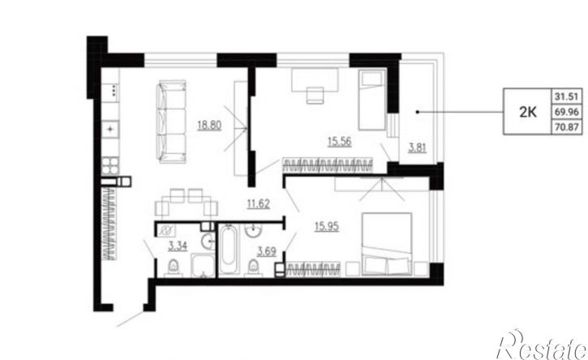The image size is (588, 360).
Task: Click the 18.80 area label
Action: (x=209, y=125)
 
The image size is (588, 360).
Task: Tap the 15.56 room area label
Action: (x=339, y=142)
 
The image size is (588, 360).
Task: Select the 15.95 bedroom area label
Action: (x=327, y=226)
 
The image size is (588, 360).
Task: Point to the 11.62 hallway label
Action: (x=259, y=204)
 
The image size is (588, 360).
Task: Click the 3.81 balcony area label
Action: (x=417, y=148)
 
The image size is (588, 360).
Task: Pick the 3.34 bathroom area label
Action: (x=178, y=246)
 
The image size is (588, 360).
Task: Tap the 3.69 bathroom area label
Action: (x=266, y=251)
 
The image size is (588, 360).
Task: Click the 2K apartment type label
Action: (x=528, y=112)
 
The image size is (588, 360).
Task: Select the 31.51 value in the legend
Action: (x=567, y=96)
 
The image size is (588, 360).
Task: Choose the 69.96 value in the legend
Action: (x=567, y=112)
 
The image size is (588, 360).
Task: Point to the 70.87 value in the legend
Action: (x=567, y=127)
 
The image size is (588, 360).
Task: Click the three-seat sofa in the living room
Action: (x=171, y=122)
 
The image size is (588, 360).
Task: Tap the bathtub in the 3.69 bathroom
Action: (x=229, y=250)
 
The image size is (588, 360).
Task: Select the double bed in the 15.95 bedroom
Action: (x=387, y=244)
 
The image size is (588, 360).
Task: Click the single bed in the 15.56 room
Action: (x=371, y=100)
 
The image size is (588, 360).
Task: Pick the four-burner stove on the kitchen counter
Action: (x=110, y=165)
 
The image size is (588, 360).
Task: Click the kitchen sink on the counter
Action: (x=110, y=130)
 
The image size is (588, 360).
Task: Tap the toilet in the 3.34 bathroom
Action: (x=174, y=267)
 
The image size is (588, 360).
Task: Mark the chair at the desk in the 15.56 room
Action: (x=315, y=95)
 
